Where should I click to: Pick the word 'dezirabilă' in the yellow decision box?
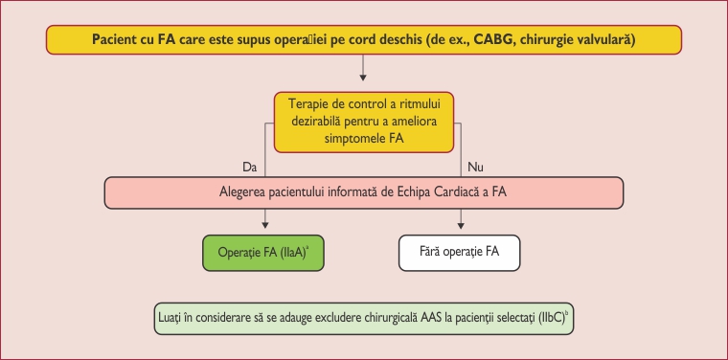tap(317, 120)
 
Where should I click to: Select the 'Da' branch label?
tap(250, 167)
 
